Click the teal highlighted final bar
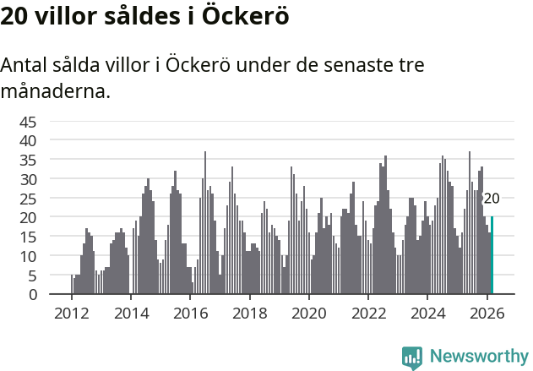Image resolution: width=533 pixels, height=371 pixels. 492,255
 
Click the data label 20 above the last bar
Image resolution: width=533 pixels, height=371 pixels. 492,199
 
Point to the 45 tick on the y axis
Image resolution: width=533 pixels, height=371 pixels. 28,121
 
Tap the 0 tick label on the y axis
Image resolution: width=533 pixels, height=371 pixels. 33,294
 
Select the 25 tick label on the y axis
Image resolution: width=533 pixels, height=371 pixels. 28,198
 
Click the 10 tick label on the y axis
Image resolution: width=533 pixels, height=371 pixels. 28,255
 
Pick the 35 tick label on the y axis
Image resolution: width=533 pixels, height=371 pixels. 28,159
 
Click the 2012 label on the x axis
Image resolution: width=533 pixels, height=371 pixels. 71,312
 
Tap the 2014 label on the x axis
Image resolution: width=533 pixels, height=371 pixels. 130,312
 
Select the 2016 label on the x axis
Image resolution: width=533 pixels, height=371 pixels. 190,312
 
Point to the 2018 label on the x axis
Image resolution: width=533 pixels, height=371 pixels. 249,312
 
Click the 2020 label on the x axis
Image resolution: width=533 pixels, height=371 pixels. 309,312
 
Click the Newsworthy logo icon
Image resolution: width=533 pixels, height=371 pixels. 412,357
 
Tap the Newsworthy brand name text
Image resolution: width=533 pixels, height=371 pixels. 478,357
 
